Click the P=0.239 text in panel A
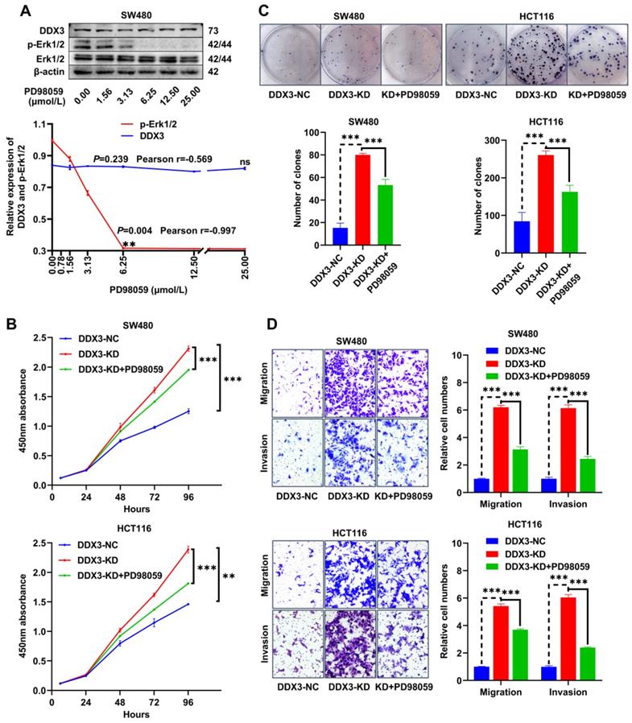[x=109, y=159]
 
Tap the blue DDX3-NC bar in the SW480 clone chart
[x=319, y=234]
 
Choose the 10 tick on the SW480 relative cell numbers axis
[x=459, y=355]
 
